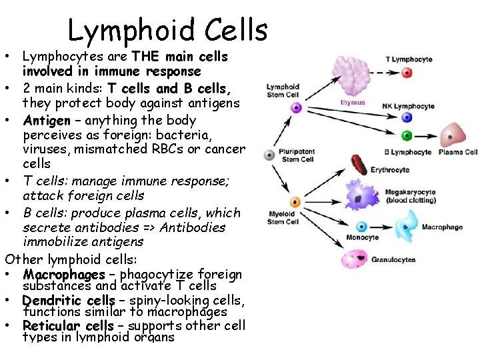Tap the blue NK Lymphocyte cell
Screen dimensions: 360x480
point(408,118)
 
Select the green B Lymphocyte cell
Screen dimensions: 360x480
point(407,135)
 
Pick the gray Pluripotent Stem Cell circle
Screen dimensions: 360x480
point(269,155)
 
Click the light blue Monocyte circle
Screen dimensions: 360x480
point(362,227)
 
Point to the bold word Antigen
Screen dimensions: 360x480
point(47,121)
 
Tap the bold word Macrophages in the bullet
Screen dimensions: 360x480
point(64,274)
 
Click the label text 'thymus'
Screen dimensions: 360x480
point(352,103)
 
